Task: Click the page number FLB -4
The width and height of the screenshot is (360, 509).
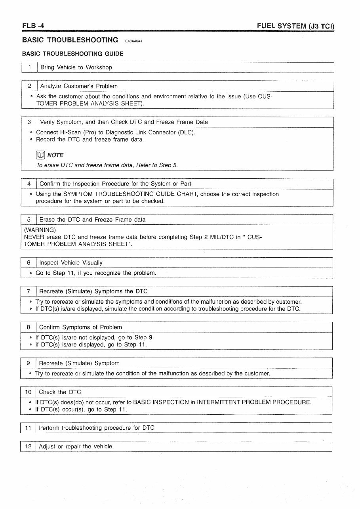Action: [33, 26]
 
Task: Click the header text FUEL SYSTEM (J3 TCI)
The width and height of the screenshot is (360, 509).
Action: [295, 27]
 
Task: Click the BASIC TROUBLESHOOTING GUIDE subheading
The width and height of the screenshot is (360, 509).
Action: [72, 54]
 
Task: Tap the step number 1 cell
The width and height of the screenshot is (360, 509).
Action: [29, 67]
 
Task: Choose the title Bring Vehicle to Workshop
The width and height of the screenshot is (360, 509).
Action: [76, 67]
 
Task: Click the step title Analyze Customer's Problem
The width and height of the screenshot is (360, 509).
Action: [79, 86]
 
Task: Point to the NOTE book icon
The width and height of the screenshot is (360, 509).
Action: [40, 155]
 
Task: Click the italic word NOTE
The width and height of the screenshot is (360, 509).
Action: [55, 155]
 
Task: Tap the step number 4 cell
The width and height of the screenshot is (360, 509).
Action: [29, 184]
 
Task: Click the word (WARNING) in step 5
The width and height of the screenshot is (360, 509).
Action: [40, 230]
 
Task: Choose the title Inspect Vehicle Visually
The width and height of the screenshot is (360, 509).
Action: [71, 262]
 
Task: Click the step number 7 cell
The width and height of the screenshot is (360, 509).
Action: [29, 291]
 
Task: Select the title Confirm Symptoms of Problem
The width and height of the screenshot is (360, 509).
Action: [80, 327]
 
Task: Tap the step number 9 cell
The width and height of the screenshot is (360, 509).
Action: [29, 363]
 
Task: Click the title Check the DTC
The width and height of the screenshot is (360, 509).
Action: [60, 392]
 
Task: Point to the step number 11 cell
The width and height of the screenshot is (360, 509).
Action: [28, 428]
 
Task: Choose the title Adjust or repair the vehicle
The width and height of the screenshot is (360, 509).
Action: [75, 446]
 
